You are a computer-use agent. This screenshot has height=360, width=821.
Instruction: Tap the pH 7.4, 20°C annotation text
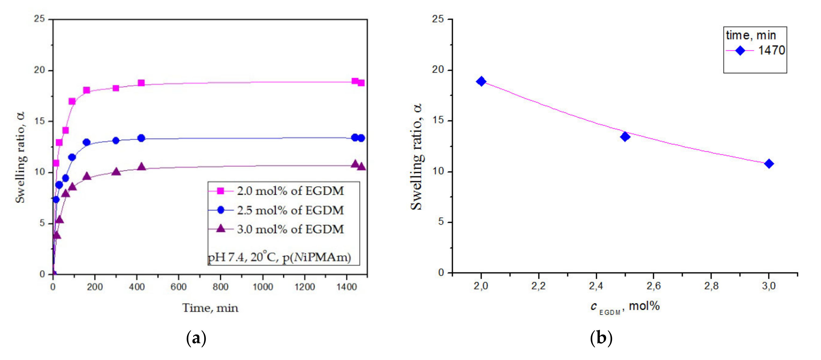pyautogui.click(x=279, y=257)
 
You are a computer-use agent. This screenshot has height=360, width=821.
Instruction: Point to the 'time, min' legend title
pyautogui.click(x=751, y=35)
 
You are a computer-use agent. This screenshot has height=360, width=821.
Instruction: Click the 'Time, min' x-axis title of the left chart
pyautogui.click(x=210, y=308)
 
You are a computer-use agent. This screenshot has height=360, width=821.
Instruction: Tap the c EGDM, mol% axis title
pyautogui.click(x=625, y=306)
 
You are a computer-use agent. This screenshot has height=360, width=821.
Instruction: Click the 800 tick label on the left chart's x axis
pyautogui.click(x=220, y=287)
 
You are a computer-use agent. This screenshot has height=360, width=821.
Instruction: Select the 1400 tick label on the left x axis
pyautogui.click(x=346, y=287)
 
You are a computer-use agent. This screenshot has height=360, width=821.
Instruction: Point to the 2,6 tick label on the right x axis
pyautogui.click(x=653, y=286)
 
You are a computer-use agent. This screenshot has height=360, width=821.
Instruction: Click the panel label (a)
pyautogui.click(x=196, y=338)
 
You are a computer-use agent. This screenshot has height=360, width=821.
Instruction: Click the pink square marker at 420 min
pyautogui.click(x=141, y=83)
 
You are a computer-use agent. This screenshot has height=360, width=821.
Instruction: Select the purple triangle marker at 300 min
pyautogui.click(x=116, y=172)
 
